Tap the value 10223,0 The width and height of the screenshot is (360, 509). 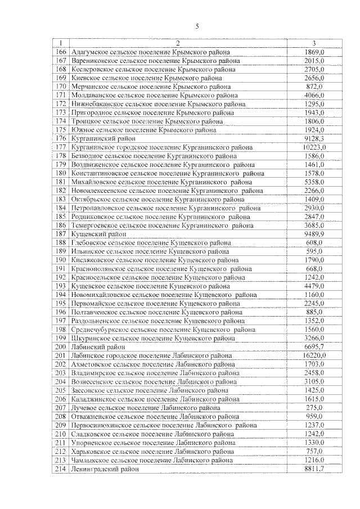point(314,147)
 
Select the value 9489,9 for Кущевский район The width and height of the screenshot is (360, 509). point(314,234)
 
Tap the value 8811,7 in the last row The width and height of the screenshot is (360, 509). point(314,469)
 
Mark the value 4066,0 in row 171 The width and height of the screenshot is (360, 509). point(314,96)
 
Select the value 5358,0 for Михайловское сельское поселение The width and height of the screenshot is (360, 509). point(314,182)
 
